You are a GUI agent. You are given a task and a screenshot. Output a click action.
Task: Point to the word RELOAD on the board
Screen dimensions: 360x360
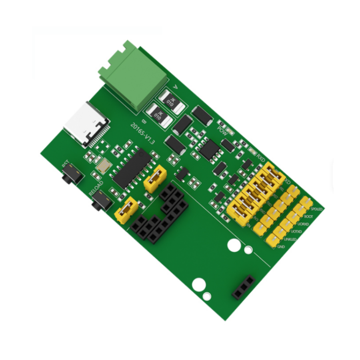click(x=96, y=188)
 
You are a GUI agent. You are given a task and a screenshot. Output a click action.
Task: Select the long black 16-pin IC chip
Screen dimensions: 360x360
click(x=132, y=168)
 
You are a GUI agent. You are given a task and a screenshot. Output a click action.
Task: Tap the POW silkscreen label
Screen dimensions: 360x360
click(x=222, y=130)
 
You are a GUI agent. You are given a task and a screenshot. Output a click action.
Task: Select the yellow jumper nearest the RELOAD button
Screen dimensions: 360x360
click(x=126, y=210)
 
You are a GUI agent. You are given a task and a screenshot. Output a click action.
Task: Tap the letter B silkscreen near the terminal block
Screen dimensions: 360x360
click(x=144, y=120)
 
